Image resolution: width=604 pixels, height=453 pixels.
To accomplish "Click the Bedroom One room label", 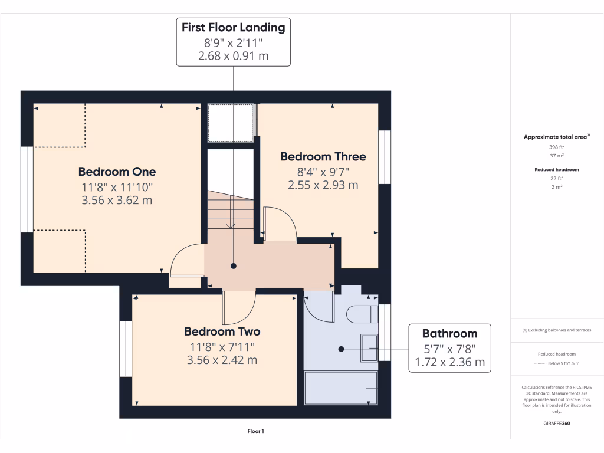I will (x=117, y=172).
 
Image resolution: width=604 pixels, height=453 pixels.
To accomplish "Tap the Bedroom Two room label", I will (x=222, y=331).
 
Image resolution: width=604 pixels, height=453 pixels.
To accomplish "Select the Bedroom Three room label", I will (x=323, y=156).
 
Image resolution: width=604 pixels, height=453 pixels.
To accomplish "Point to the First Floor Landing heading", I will (x=233, y=27).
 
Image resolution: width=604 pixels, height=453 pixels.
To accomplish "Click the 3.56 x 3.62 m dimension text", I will (x=117, y=201).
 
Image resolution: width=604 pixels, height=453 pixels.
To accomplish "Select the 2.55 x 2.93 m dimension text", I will (x=323, y=185).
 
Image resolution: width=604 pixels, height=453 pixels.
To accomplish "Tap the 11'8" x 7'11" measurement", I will (x=222, y=346).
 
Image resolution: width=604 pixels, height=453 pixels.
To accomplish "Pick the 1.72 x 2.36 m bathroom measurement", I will (x=449, y=362).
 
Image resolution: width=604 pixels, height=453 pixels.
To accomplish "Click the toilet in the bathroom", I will (x=362, y=314).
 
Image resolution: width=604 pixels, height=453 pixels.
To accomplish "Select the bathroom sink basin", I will (x=369, y=346).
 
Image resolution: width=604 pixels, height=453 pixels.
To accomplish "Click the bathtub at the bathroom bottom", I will (x=340, y=388).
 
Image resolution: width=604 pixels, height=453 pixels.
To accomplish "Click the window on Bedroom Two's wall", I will (x=125, y=349).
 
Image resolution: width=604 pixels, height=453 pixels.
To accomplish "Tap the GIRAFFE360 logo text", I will (x=557, y=424).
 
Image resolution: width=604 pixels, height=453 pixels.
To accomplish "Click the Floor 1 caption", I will (x=255, y=431).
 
